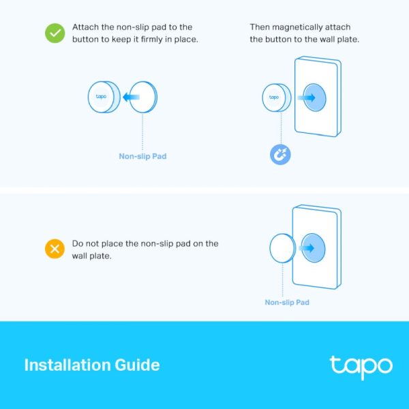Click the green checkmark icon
tap(55, 33)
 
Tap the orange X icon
tap(55, 249)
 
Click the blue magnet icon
tap(280, 155)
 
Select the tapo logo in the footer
tap(361, 366)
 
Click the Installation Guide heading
tap(92, 365)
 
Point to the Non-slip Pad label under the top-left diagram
tap(142, 156)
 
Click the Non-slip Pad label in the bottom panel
tap(287, 302)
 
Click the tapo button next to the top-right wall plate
tap(273, 97)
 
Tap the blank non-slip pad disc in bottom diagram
tap(282, 248)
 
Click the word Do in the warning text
tap(78, 243)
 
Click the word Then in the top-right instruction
tap(260, 27)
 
